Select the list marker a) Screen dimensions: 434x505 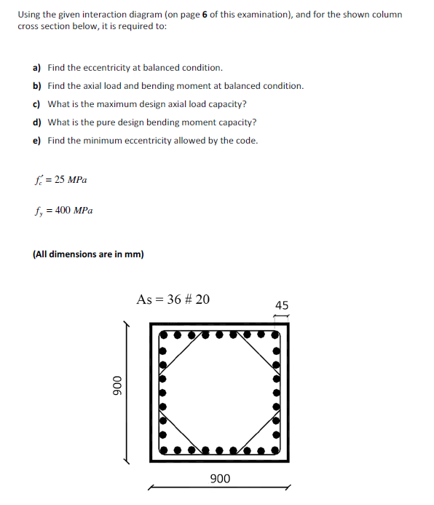click(x=36, y=68)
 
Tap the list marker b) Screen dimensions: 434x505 click(x=36, y=86)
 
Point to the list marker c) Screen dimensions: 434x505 click(x=36, y=104)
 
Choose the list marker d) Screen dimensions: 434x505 click(x=36, y=122)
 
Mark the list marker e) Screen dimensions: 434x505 click(x=36, y=141)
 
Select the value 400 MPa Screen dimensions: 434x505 click(x=71, y=211)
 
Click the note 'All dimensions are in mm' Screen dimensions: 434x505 click(x=88, y=254)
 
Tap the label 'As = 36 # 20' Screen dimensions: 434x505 click(x=173, y=299)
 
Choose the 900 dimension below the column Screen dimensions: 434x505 click(x=220, y=479)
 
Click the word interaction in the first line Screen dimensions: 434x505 click(x=103, y=15)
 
